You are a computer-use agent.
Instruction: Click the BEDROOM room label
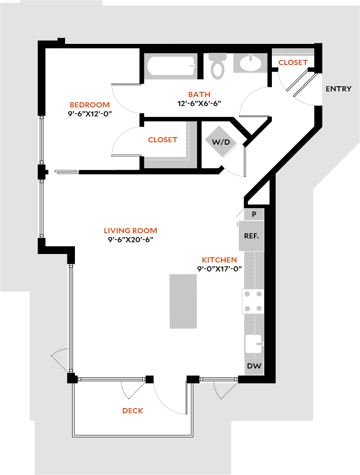click(x=90, y=105)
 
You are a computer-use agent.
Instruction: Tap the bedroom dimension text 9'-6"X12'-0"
click(x=90, y=114)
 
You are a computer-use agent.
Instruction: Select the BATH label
click(x=199, y=95)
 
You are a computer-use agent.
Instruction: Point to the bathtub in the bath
click(x=171, y=66)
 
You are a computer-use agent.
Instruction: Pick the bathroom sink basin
click(x=249, y=64)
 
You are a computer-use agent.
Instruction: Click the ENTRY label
click(x=338, y=89)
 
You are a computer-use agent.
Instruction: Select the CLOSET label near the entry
click(x=293, y=62)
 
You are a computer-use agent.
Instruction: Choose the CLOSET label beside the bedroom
click(x=163, y=140)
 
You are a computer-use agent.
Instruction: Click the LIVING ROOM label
click(x=130, y=231)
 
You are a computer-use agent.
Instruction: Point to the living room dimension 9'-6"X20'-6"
click(x=130, y=239)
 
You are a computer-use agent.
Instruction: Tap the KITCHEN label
click(x=219, y=260)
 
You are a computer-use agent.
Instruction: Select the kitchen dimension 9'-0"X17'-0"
click(x=219, y=269)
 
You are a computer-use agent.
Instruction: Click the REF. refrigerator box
click(x=251, y=236)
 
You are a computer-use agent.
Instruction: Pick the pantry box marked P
click(x=254, y=214)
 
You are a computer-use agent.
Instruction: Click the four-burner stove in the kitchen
click(x=253, y=302)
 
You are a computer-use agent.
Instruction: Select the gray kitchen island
click(x=183, y=301)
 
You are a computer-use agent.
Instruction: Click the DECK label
click(x=132, y=411)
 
